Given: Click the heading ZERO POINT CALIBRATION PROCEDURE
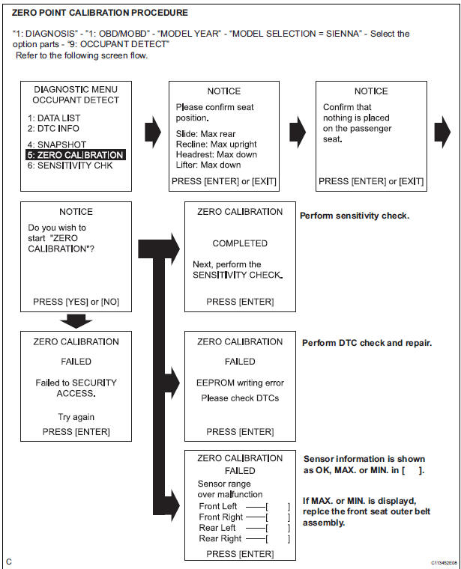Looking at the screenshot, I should (100, 13).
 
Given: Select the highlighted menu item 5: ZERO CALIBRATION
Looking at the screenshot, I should (74, 155).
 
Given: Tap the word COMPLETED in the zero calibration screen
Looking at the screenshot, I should (240, 243).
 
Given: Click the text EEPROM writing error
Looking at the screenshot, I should (240, 383).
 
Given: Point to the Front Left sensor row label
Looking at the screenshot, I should (217, 507).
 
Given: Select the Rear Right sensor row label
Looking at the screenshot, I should (220, 538).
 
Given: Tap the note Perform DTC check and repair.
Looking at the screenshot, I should (367, 343).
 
